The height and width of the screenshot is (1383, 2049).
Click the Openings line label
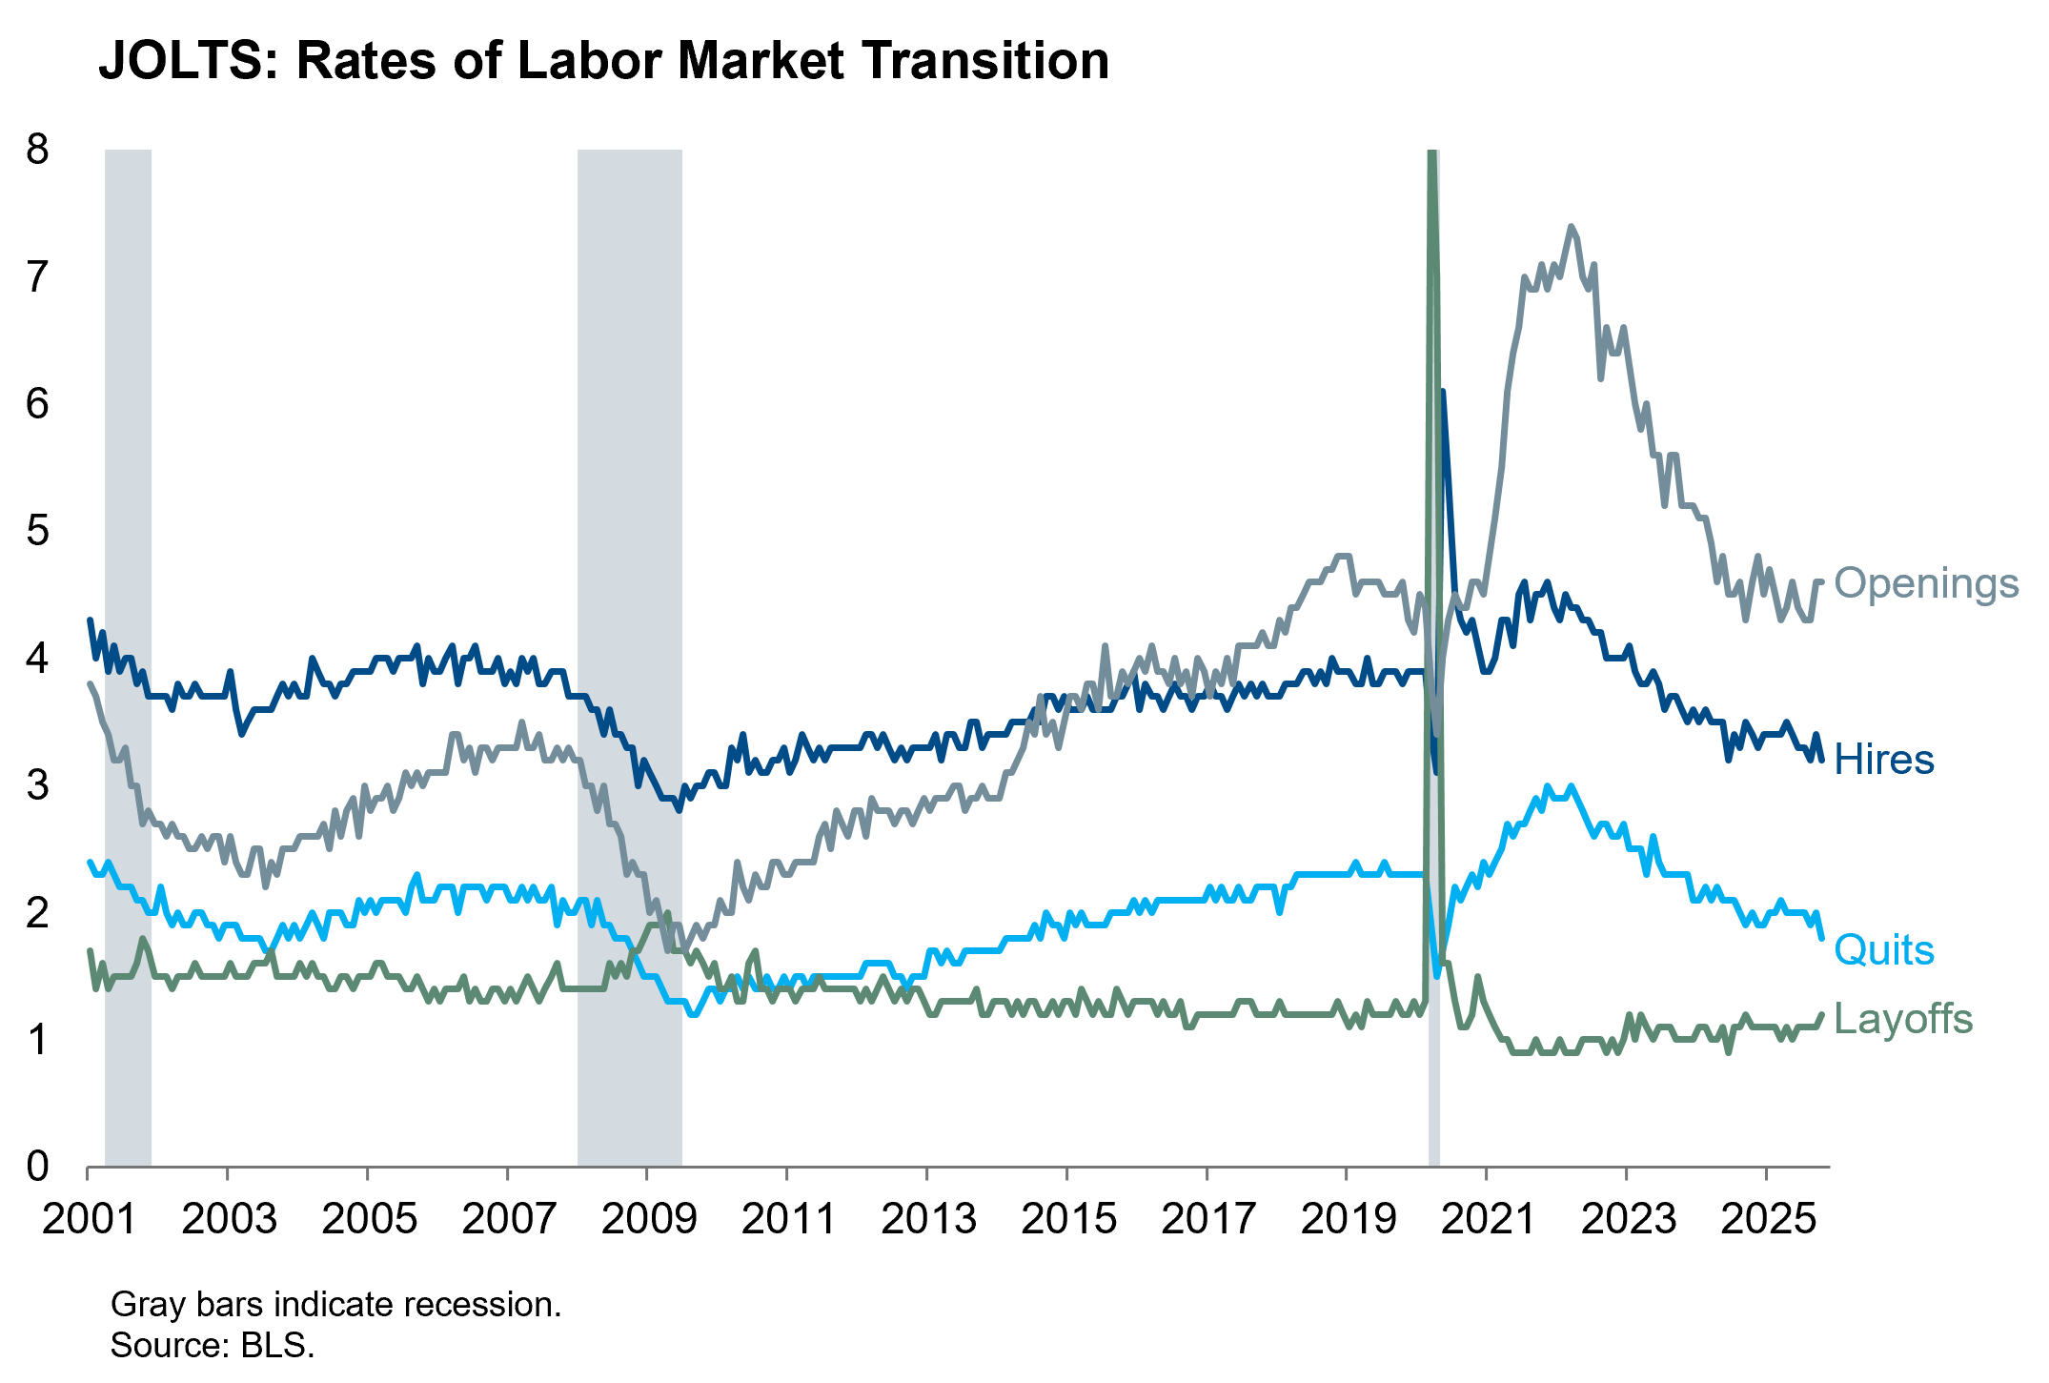1925,583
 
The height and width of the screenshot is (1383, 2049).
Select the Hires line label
1883,761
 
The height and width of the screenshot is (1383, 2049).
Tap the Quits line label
1883,950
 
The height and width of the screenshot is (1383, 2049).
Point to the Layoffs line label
1902,1019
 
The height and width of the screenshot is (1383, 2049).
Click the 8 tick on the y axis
37,150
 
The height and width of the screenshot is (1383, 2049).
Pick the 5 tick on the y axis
37,531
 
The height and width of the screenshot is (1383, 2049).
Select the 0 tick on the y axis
37,1166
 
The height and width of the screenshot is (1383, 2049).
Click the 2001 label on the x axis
89,1219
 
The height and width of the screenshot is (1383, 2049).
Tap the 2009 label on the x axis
648,1219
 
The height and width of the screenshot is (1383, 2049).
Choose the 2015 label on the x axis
1067,1219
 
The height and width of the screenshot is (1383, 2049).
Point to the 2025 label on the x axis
1767,1219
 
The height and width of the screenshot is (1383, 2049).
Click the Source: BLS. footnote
212,1345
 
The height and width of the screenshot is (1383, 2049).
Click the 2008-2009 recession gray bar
629,572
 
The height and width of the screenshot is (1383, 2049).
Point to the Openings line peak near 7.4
1570,227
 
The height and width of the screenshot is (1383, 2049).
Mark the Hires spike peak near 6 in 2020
1443,392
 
